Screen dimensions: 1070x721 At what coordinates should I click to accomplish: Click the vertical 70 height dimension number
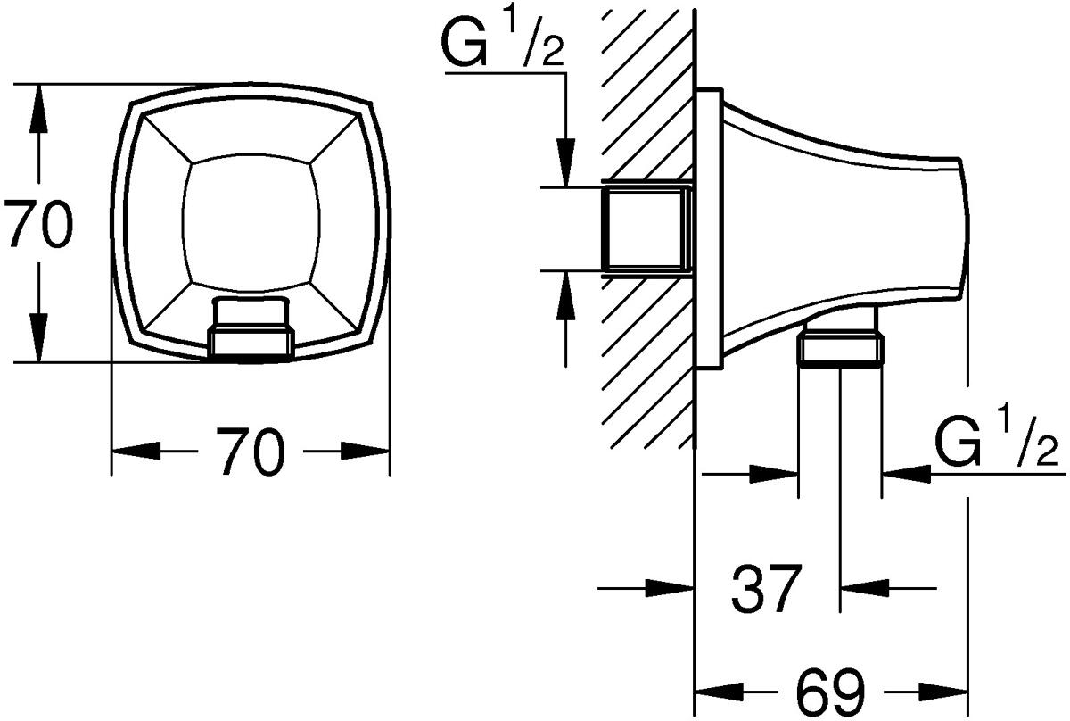click(x=38, y=224)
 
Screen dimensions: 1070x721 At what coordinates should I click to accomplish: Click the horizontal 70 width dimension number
click(x=251, y=452)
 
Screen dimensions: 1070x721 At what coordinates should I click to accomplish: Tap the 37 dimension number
click(x=766, y=589)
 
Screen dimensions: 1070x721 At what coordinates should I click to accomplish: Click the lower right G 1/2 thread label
click(x=996, y=441)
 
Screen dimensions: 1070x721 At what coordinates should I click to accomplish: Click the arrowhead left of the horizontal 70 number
click(x=136, y=451)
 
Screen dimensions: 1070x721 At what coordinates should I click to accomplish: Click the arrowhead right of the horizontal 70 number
click(x=365, y=451)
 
